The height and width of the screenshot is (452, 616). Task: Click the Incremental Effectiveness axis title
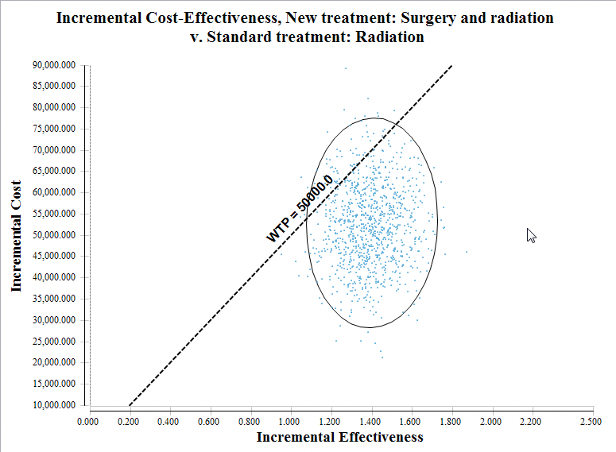[x=339, y=437]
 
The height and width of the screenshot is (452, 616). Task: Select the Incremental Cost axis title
[x=17, y=235]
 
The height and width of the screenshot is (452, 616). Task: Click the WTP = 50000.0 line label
[x=299, y=208]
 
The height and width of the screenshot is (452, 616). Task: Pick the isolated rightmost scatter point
[x=467, y=251]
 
